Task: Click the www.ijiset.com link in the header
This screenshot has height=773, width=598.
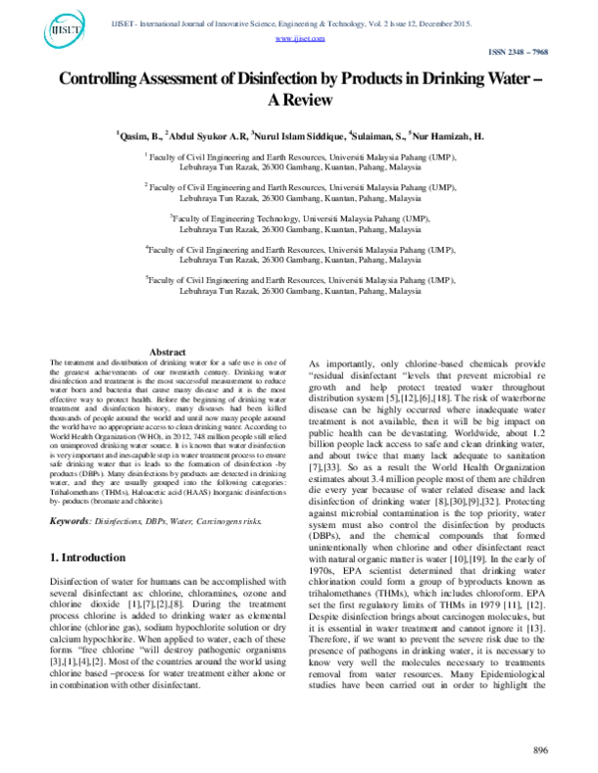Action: click(299, 37)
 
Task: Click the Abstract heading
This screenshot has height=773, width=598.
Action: click(166, 352)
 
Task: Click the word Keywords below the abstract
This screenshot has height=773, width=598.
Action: click(74, 519)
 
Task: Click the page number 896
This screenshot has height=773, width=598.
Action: click(541, 749)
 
